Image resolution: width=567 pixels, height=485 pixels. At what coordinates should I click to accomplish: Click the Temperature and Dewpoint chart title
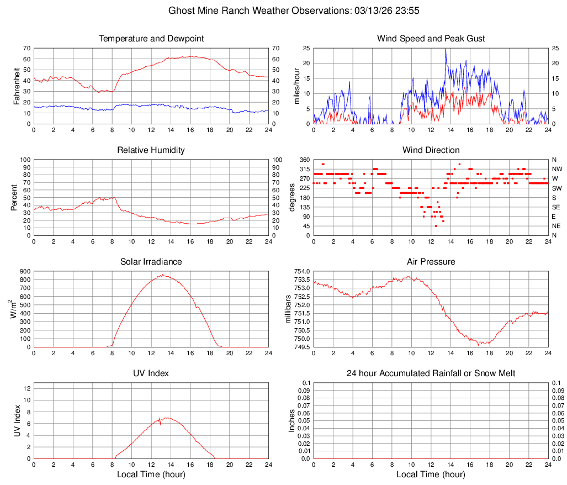(x=151, y=39)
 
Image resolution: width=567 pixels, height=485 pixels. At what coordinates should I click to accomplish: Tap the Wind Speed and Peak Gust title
(x=431, y=39)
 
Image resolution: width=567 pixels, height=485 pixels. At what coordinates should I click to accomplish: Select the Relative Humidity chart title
(x=151, y=150)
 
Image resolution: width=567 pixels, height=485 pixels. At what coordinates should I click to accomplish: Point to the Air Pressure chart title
(x=431, y=262)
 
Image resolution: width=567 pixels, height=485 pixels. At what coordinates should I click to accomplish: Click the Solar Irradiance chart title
(x=151, y=262)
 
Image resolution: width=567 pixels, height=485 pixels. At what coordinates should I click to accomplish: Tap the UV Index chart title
(x=151, y=373)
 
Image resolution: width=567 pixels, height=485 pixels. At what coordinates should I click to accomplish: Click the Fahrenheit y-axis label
(x=17, y=86)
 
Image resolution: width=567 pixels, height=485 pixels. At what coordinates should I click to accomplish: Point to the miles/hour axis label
(x=296, y=86)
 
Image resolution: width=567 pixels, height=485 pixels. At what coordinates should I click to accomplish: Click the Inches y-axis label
(x=292, y=420)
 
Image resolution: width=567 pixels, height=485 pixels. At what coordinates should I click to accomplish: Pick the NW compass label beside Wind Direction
(x=557, y=169)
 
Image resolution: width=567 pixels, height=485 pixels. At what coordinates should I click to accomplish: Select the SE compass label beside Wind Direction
(x=557, y=207)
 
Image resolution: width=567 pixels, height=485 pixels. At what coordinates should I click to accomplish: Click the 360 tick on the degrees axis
(x=303, y=160)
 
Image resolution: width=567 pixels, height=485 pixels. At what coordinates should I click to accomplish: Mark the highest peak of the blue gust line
(x=446, y=49)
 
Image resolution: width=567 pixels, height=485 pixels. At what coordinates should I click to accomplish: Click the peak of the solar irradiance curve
(x=162, y=275)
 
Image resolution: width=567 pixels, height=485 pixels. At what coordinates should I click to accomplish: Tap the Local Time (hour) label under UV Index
(x=151, y=475)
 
